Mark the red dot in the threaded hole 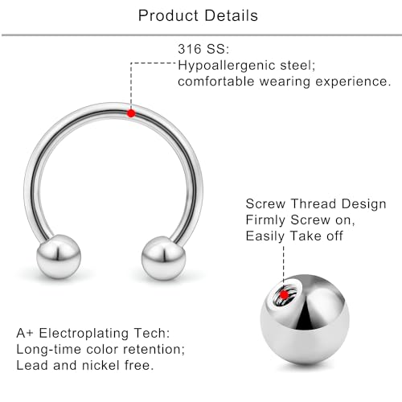click(x=284, y=295)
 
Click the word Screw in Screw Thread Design click(x=265, y=204)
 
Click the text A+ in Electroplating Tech click(x=26, y=331)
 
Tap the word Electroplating click(x=87, y=331)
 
